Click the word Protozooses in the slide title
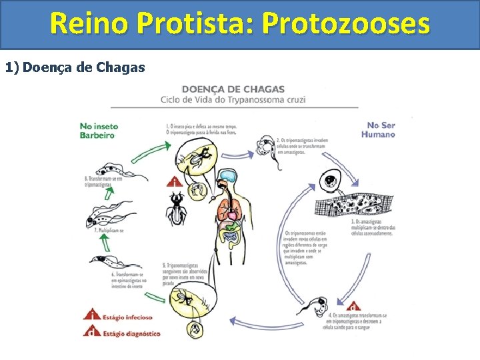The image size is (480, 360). (x=346, y=24)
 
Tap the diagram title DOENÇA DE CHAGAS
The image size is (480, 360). (x=233, y=89)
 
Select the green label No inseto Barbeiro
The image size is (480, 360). (x=97, y=130)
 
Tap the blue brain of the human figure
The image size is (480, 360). (x=229, y=176)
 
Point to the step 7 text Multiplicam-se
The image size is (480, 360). (x=109, y=230)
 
